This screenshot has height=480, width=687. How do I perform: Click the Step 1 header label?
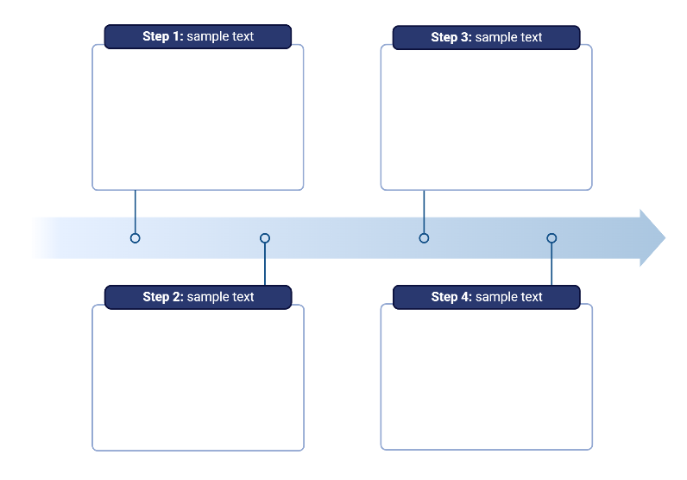point(198,36)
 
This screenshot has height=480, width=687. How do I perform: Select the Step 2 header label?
point(198,297)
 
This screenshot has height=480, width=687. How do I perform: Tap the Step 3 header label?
point(486,37)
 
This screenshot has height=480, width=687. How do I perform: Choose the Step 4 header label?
point(486,297)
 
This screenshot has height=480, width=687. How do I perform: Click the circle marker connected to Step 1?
point(135,237)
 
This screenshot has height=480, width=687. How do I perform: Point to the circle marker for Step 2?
point(265,238)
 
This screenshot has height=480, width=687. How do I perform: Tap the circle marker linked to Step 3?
point(424,237)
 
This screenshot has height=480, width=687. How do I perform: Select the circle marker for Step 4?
point(551,238)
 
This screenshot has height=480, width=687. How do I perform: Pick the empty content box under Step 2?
point(198,380)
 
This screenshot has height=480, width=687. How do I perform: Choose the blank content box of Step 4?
point(486,380)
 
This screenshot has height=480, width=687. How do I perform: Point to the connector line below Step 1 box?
point(135,211)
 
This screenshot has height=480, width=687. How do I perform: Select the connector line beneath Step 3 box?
point(424,211)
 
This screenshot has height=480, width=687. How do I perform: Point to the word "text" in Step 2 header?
point(243,297)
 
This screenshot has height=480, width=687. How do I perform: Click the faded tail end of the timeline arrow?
point(43,237)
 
